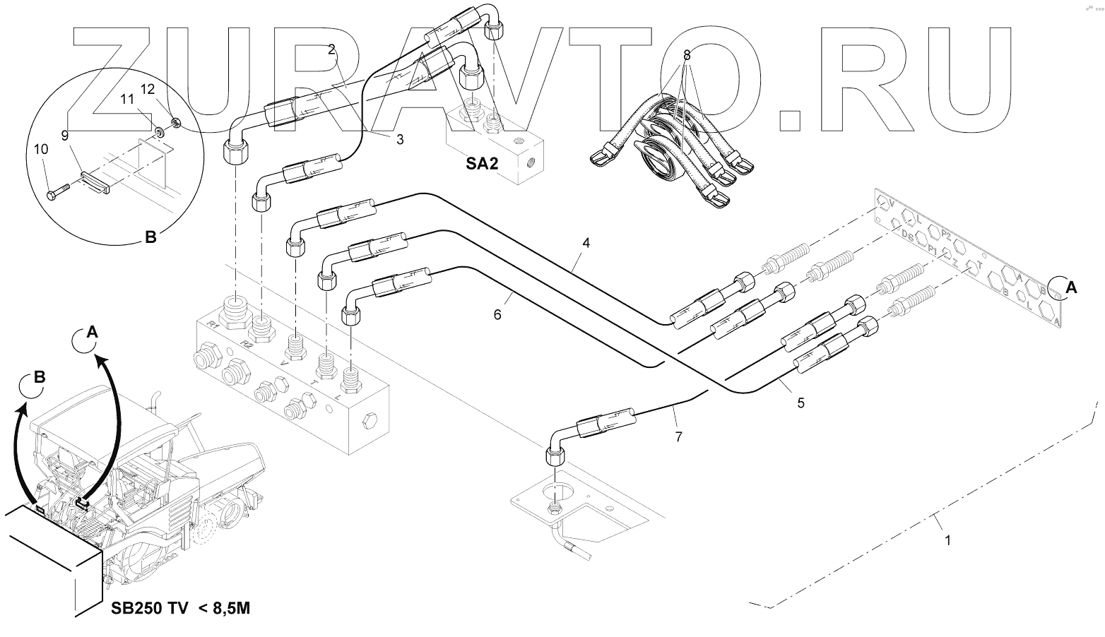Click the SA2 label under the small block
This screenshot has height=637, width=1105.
coord(483,164)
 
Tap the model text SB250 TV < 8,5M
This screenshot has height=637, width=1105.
coord(180,609)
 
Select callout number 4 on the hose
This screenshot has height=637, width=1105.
coord(586,242)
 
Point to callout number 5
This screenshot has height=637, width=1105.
coord(800,403)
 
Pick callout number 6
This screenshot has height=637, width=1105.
coord(497,315)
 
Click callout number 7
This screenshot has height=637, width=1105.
coord(678,437)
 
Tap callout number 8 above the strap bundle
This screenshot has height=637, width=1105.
coord(686,54)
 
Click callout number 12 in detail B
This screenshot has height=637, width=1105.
coord(147,89)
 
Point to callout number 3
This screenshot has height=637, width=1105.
coord(400,140)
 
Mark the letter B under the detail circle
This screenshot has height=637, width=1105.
coord(150,238)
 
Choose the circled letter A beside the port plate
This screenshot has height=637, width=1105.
coord(1070,287)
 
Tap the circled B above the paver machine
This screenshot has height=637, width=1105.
coord(39,377)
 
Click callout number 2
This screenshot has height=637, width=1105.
coord(331,49)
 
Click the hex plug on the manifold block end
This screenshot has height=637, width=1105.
coord(370,424)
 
